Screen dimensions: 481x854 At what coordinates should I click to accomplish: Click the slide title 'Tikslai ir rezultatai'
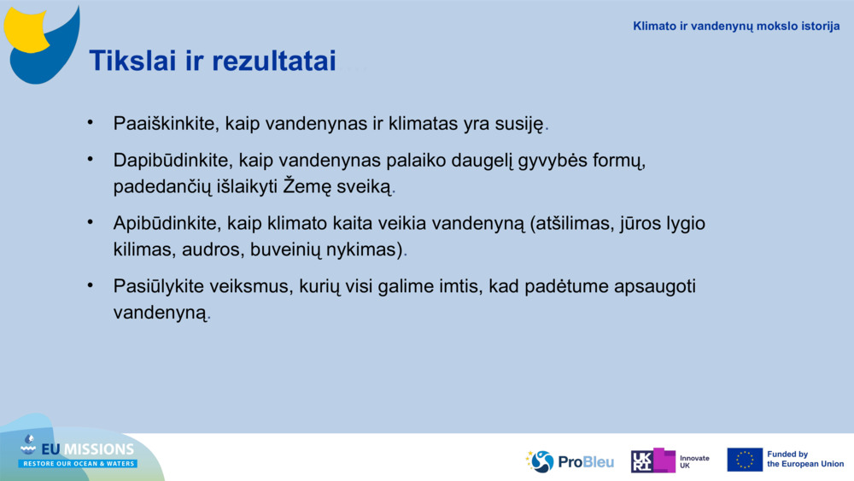coord(213,61)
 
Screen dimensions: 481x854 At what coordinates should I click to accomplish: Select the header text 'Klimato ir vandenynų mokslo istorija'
coord(736,26)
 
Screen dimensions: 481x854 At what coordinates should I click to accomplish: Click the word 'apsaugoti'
coord(655,287)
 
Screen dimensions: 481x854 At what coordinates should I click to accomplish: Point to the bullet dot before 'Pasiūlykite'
coord(90,285)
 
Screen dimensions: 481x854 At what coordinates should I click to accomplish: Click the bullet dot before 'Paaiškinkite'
coord(90,122)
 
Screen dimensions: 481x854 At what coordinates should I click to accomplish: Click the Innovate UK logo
coord(670,461)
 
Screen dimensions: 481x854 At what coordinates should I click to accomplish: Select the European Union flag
coord(744,460)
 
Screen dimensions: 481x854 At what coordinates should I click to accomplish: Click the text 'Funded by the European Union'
coord(804,460)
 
